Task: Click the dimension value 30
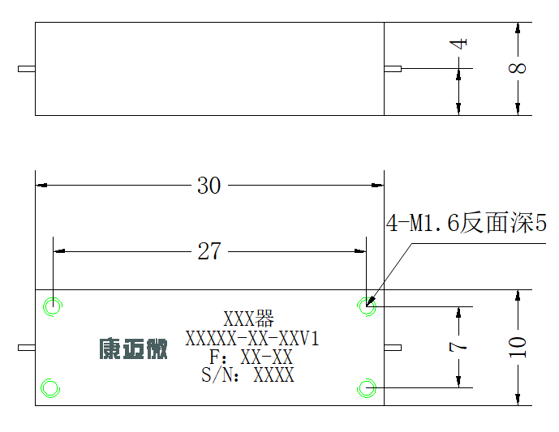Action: point(209,186)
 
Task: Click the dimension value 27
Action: point(209,251)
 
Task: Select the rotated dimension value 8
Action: point(518,67)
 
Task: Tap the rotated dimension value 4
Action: point(458,44)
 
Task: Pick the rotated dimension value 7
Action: point(458,347)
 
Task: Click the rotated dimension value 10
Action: point(518,347)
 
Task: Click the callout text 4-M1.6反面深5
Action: point(467,223)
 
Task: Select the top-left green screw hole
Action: point(53,306)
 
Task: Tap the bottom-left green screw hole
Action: point(50,388)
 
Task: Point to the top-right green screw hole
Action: point(367,306)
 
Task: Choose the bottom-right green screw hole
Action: point(367,388)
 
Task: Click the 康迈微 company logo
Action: point(133,349)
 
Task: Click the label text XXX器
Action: point(248,319)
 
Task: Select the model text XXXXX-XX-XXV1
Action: point(252,338)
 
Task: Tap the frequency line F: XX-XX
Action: point(251,357)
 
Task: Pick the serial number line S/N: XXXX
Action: point(247,375)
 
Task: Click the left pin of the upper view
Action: point(27,69)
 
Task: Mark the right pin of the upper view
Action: point(393,69)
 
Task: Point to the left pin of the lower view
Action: point(27,348)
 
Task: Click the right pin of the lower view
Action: point(393,348)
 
